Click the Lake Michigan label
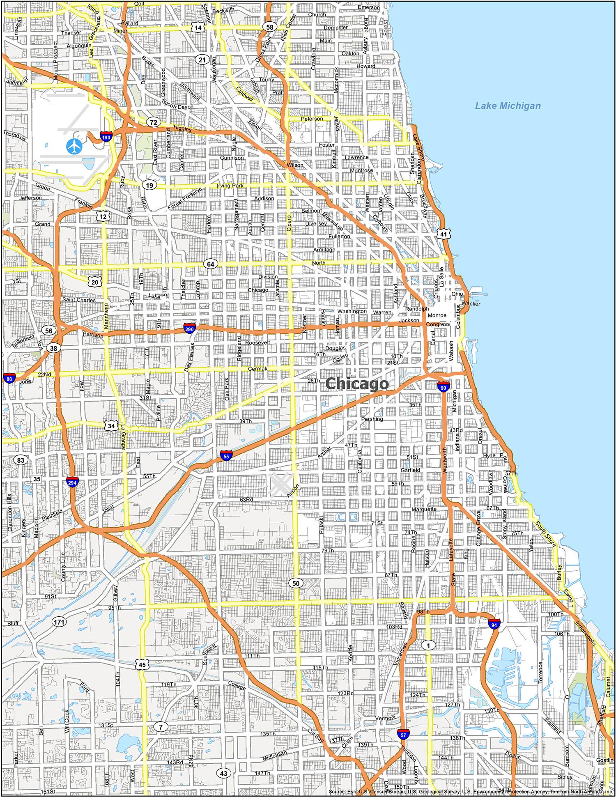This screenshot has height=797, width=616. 508,106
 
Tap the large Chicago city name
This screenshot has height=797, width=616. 356,384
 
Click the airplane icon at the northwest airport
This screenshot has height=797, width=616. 74,146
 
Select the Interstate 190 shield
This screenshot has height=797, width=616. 106,137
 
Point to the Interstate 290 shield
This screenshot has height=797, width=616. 189,328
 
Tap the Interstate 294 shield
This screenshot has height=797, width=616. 72,482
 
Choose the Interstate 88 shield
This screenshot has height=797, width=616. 9,378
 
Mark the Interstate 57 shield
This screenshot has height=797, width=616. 403,734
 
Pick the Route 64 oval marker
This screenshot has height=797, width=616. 210,264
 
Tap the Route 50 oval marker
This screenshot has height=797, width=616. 296,583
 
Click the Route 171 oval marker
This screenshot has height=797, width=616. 59,622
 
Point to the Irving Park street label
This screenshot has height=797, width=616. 230,186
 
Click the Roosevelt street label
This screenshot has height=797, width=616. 257,342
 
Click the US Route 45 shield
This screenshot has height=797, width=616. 142,664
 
